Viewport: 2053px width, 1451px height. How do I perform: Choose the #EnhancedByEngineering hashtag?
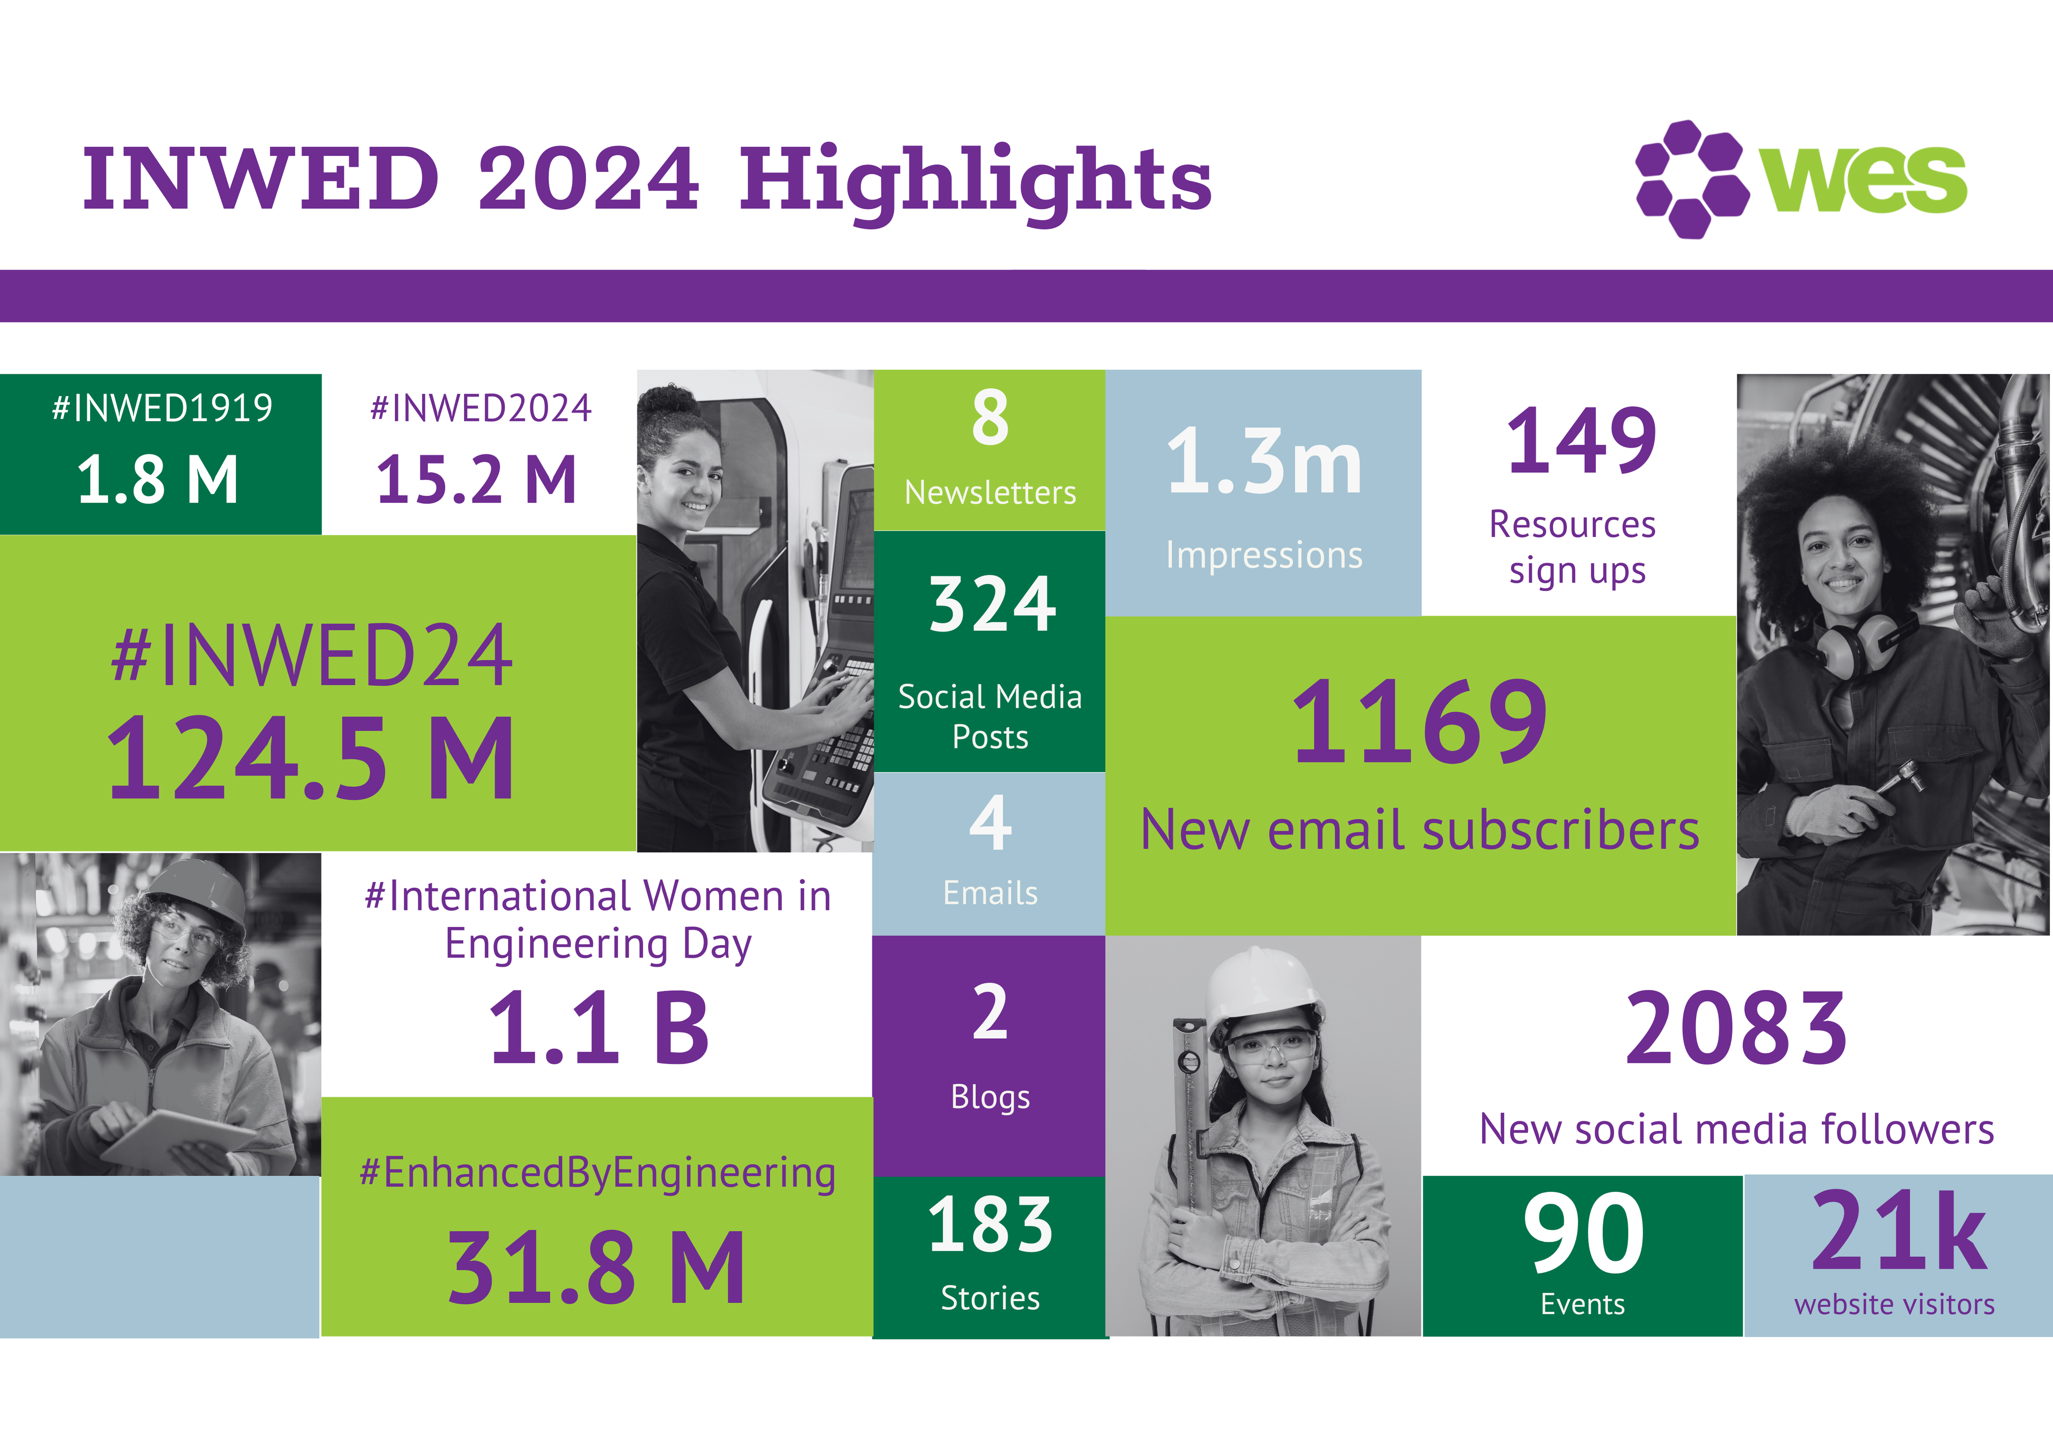(x=597, y=1173)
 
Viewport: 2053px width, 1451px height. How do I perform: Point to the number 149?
(x=1581, y=441)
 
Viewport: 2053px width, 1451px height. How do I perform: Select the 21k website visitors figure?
(x=1897, y=1232)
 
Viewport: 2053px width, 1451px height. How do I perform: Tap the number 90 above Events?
(x=1583, y=1234)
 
